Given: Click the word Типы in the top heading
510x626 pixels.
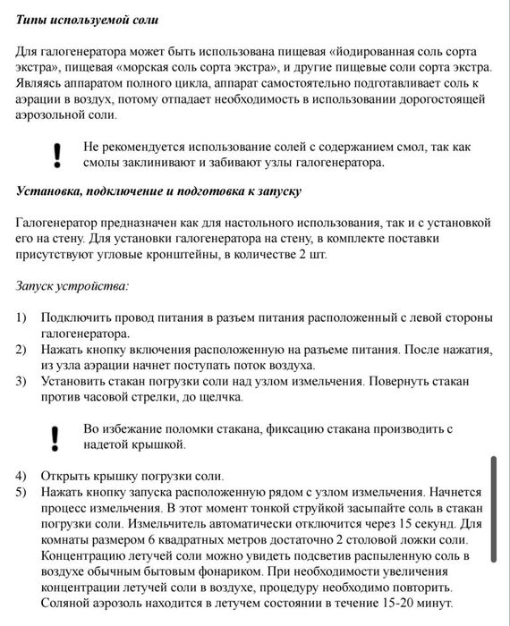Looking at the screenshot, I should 33,19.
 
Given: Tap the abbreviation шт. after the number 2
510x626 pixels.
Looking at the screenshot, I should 319,255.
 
